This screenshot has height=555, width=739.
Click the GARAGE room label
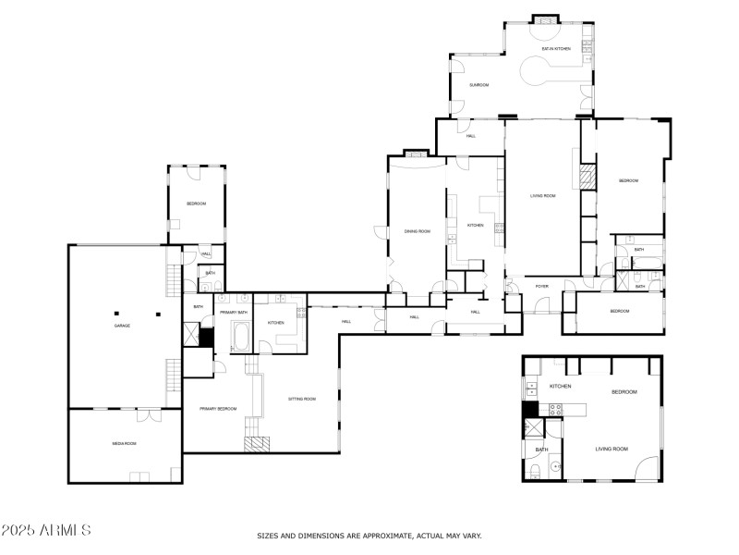pos(121,327)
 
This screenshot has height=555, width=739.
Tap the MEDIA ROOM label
pos(124,444)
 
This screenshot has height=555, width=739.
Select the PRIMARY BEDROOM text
pos(217,409)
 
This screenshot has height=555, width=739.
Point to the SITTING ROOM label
pos(302,399)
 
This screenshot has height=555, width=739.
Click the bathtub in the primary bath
pos(241,337)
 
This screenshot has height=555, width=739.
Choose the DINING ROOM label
pos(418,231)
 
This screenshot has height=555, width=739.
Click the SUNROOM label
pos(479,85)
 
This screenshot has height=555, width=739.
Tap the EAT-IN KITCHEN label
pos(556,48)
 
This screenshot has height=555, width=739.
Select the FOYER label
pos(541,287)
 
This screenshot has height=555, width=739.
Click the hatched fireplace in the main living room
pos(586,178)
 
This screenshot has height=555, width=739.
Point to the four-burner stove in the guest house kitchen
pos(557,408)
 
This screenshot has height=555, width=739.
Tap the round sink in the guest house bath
pos(555,467)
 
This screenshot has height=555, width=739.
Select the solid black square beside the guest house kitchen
pos(530,409)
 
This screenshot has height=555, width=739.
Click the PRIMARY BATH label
pos(233,313)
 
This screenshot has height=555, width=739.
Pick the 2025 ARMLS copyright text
pos(46,530)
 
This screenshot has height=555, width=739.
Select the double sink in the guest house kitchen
pos(531,388)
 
